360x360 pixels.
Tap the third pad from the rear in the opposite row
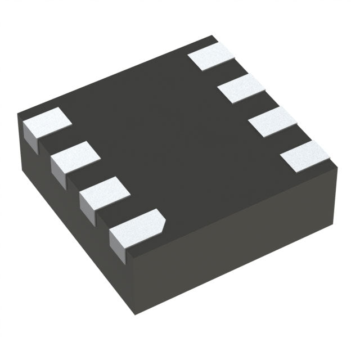[x=272, y=121]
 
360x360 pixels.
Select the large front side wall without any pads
[x=236, y=247]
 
